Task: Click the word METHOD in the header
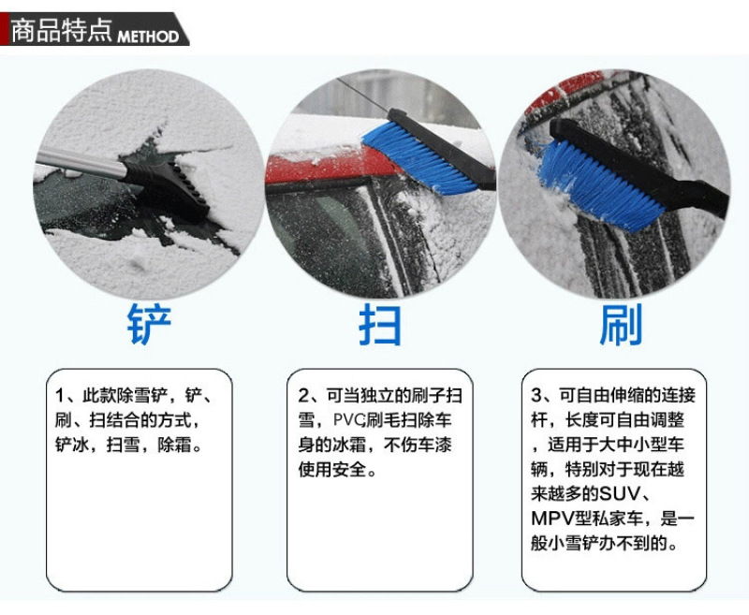pyautogui.click(x=148, y=37)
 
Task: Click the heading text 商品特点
pyautogui.click(x=62, y=31)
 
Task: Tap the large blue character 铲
pyautogui.click(x=149, y=324)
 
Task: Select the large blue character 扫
pyautogui.click(x=380, y=324)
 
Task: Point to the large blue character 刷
pyautogui.click(x=621, y=325)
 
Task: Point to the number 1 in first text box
pyautogui.click(x=59, y=395)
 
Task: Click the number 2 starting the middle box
pyautogui.click(x=303, y=395)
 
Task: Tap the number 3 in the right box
pyautogui.click(x=536, y=395)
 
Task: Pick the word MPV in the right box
pyautogui.click(x=551, y=518)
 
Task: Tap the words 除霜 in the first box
pyautogui.click(x=175, y=445)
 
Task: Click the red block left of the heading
pyautogui.click(x=5, y=29)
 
